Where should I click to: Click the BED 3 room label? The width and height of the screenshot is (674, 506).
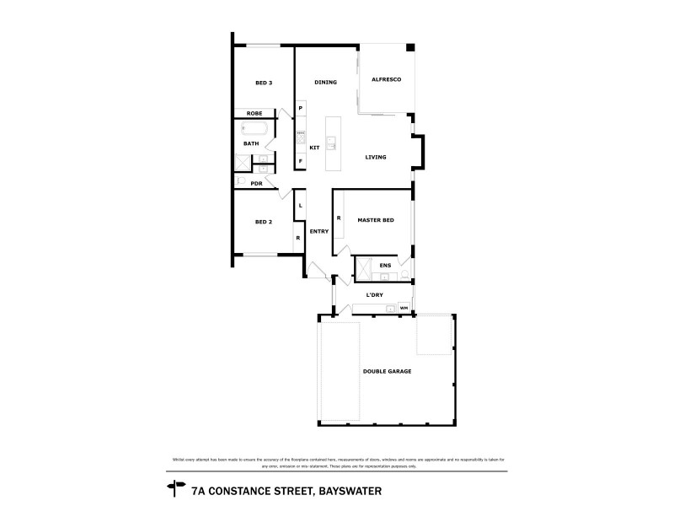(264, 83)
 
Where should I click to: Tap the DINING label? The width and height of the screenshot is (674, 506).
(325, 83)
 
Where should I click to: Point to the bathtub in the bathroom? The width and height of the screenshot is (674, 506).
(254, 129)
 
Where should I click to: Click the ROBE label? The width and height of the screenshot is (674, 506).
(254, 113)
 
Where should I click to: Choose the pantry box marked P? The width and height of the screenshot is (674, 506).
(300, 109)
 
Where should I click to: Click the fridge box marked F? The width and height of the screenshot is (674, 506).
(300, 161)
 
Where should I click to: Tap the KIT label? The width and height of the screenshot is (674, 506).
(314, 148)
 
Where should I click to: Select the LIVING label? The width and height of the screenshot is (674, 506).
(376, 158)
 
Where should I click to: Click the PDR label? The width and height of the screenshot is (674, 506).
(256, 183)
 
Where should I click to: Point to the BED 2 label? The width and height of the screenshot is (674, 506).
(264, 222)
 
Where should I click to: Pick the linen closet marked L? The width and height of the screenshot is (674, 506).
(300, 206)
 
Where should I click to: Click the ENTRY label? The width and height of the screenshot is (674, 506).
(318, 231)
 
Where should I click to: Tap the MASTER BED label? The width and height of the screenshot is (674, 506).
(376, 220)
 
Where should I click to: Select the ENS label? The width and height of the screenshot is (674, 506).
(385, 266)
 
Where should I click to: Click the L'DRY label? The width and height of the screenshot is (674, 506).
(376, 295)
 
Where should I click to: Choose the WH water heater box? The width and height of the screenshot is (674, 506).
(404, 308)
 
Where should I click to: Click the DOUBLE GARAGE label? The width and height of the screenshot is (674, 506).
(387, 371)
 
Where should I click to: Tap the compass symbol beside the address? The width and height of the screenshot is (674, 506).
(176, 486)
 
